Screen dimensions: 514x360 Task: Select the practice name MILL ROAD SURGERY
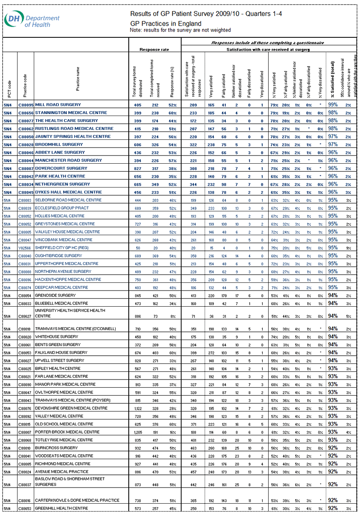[58, 104]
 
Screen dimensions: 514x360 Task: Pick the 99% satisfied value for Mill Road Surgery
[333, 104]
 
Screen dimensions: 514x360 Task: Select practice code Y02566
[26, 247]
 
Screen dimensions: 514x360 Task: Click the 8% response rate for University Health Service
[172, 317]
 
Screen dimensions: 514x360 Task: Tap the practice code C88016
[26, 500]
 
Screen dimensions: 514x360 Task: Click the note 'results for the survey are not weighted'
[180, 30]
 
